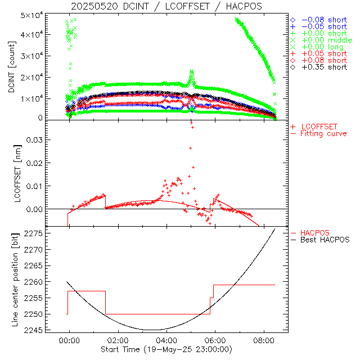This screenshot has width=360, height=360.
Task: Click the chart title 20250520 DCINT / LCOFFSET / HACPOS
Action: tap(166, 6)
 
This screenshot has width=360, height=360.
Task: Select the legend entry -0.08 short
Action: tap(324, 19)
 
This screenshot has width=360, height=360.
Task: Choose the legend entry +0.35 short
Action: tap(324, 67)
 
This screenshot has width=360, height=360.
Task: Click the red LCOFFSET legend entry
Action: tap(318, 127)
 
